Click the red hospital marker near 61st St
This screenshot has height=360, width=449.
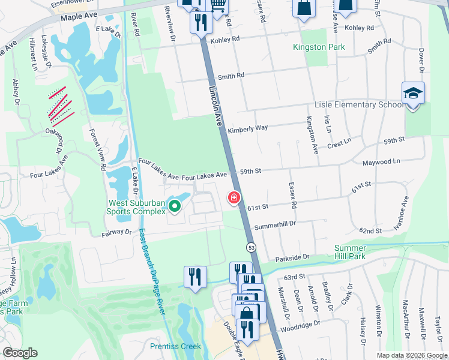coord(234,197)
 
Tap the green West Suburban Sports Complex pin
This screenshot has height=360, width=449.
coord(175,207)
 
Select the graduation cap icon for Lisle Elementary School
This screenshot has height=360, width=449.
coord(413,94)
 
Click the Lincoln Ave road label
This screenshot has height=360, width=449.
coord(216,105)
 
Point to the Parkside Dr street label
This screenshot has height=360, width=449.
coord(292,257)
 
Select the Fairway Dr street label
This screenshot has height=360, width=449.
coord(116,231)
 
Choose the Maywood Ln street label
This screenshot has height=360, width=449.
coord(381,162)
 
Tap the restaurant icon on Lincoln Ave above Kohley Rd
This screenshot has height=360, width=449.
coord(200,23)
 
